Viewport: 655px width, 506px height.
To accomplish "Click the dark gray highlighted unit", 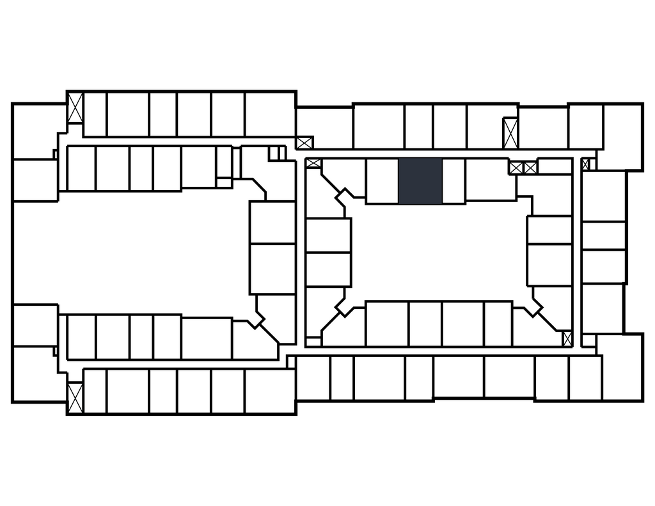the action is coord(420,180).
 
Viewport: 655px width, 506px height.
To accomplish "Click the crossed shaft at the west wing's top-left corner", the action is coord(75,108).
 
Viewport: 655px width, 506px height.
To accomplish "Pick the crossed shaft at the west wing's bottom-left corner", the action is coord(75,397).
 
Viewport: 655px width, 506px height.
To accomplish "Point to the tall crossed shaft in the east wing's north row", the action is coord(510,133).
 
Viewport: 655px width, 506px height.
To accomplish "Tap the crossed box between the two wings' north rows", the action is coord(304,142).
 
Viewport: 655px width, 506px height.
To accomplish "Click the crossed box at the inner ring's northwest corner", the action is coord(313,163).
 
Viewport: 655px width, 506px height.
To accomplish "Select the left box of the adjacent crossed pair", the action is coord(516,168).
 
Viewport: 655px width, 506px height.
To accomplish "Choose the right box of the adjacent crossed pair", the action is coord(530,168).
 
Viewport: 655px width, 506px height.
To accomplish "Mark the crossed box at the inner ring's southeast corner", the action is coord(567,338).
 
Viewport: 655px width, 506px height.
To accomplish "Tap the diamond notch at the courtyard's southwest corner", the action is coord(345,305).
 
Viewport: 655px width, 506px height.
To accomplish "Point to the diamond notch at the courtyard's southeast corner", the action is coord(533,305).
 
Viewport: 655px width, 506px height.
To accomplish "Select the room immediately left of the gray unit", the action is coord(382,180).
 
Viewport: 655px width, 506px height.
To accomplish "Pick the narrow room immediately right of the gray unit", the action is coord(453,180).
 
